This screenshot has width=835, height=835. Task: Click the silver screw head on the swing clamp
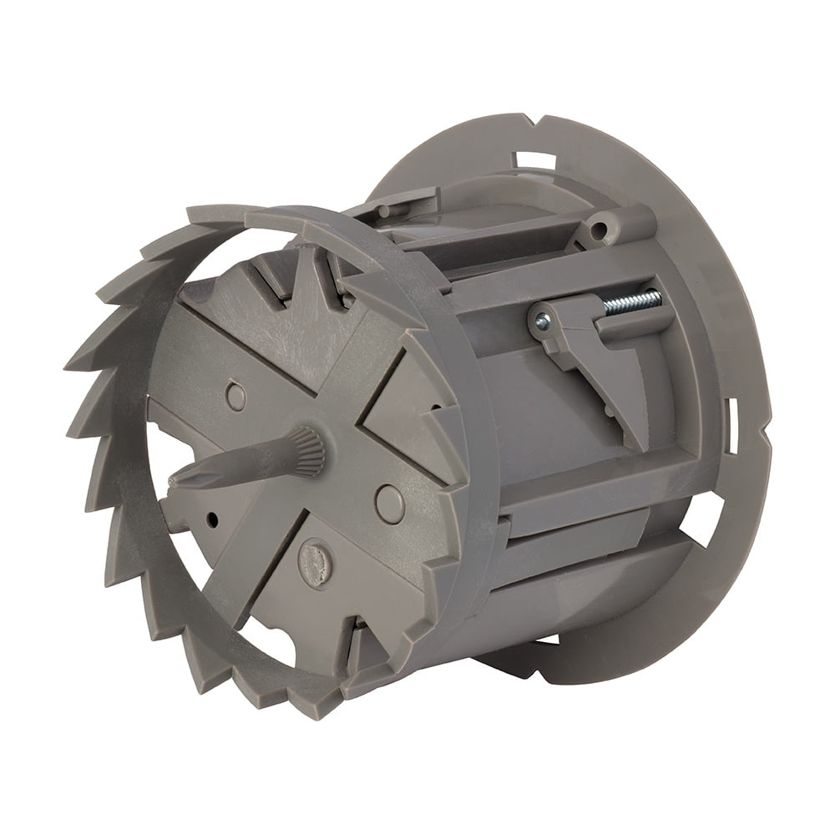[542, 320]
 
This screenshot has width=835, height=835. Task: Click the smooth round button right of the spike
[389, 504]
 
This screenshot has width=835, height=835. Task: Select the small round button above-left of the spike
[235, 396]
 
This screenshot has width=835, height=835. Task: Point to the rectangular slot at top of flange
[535, 159]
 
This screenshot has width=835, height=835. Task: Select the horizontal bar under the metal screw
[635, 328]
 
